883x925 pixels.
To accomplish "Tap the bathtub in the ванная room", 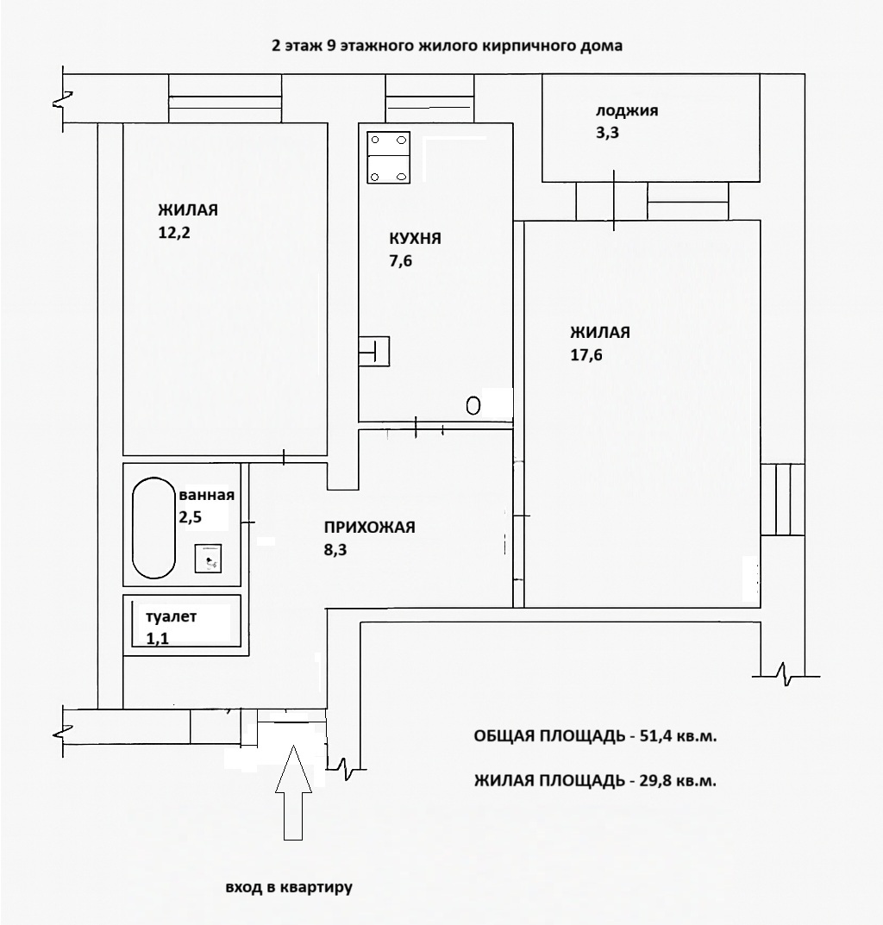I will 153,528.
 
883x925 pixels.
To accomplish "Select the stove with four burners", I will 389,157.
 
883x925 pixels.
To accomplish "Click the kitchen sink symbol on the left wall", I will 376,350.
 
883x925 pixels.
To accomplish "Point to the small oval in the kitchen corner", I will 473,405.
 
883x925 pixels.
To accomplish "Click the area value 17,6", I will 586,354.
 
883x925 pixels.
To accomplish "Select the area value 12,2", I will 173,232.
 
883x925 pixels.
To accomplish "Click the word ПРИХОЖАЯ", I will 370,528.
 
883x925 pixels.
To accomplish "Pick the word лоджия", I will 627,111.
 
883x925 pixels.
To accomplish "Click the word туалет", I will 172,617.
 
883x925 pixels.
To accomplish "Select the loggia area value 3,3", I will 608,133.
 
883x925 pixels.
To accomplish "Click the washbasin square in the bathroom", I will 209,558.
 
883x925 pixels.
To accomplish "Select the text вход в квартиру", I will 290,887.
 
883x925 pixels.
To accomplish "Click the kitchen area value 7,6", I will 401,262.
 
